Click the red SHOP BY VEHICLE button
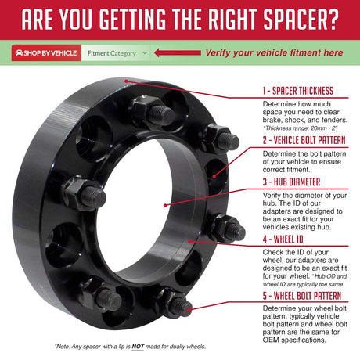point(46,53)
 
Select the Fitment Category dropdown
point(117,53)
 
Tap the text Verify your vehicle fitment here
point(273,53)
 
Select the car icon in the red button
point(19,53)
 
